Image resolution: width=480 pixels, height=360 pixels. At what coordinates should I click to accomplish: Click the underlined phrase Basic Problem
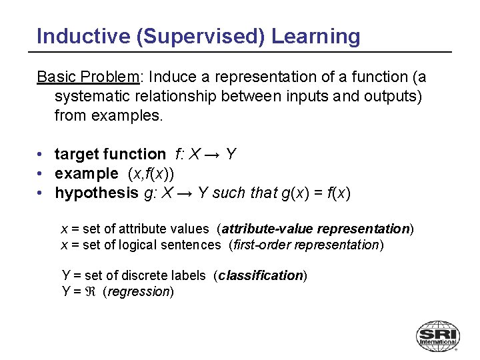click(x=87, y=77)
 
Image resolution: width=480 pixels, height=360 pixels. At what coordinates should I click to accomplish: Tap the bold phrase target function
click(x=110, y=155)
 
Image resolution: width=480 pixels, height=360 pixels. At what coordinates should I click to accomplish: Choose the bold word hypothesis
click(x=96, y=193)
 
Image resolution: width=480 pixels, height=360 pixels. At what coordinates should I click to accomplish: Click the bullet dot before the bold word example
click(x=41, y=174)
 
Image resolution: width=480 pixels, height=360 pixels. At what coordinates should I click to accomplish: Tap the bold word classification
click(x=261, y=275)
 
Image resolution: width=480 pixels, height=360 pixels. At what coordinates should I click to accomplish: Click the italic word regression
click(x=138, y=291)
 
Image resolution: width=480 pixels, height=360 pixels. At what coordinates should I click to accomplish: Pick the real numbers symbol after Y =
click(x=93, y=291)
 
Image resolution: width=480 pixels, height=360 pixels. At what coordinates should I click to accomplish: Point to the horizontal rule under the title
click(x=243, y=52)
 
